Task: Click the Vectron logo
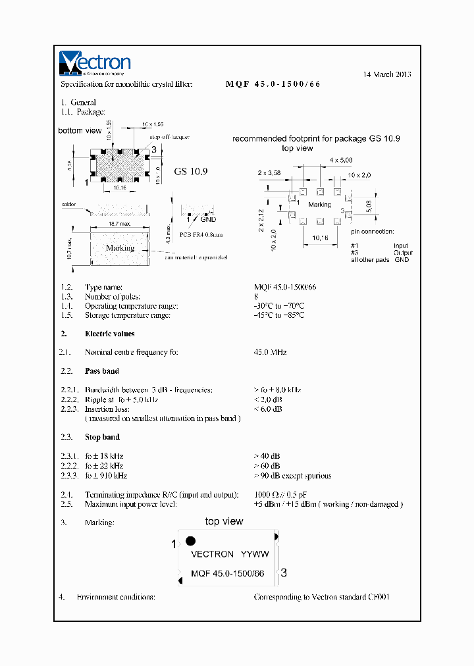[x=95, y=63]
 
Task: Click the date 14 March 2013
[x=387, y=74]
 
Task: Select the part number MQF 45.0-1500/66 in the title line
[x=273, y=84]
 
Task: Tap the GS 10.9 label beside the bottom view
[x=191, y=171]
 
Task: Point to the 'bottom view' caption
[x=80, y=131]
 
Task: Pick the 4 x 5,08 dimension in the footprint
[x=342, y=160]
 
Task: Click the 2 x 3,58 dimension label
[x=269, y=172]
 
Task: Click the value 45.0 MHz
[x=270, y=353]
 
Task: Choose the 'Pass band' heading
[x=102, y=371]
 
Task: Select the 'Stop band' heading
[x=102, y=437]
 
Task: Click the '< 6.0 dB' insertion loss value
[x=268, y=409]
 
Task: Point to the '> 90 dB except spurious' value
[x=292, y=476]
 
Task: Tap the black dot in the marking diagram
[x=190, y=541]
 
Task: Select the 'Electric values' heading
[x=109, y=334]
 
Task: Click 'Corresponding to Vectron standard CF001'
[x=321, y=597]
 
